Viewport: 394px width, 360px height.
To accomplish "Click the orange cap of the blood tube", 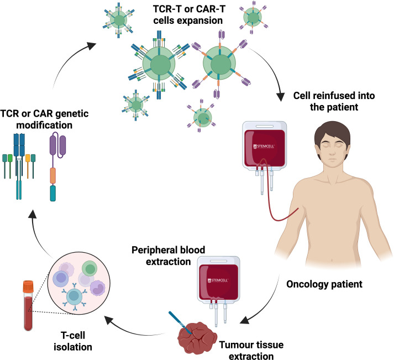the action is coord(28,286).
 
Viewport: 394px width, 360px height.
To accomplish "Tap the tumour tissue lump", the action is coord(197,337).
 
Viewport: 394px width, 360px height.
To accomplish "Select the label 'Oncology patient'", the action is coord(324,284).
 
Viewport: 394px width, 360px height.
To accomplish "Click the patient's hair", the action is coord(332,133).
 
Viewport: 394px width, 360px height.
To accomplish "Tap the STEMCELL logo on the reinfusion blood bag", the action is coord(264,147).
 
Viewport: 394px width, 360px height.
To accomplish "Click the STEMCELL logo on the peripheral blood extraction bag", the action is coord(218,280).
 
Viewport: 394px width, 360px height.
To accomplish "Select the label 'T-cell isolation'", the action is coord(73,341).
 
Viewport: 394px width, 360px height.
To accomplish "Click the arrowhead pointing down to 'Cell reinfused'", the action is coord(280,97).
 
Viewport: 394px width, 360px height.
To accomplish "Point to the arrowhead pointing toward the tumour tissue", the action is coord(245,319).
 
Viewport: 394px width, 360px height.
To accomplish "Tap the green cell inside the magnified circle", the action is coord(90,269).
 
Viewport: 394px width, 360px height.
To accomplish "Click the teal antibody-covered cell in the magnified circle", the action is coord(75,296).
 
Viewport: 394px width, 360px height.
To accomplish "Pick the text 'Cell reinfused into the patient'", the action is coord(334,101).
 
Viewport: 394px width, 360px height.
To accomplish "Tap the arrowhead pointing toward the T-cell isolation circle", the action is coord(109,320).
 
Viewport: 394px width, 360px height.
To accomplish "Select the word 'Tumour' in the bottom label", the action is coord(235,345).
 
